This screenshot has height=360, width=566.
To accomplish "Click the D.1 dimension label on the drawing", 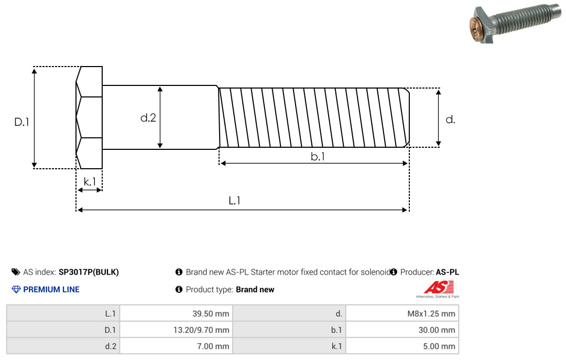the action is pos(21,122).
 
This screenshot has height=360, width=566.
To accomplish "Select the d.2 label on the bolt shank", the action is pos(148,118).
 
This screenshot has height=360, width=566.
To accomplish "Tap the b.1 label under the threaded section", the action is pos(318,156).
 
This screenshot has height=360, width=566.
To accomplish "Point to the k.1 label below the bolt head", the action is pos(90,182).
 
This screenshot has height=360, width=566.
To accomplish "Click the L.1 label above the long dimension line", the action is pos(234,200).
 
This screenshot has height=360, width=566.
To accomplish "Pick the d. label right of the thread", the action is pos(450,119).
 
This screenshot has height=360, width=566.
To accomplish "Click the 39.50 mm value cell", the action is pos(176,313).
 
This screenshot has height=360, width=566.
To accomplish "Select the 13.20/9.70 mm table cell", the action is pos(176,330).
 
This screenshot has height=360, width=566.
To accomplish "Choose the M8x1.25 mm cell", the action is pos(402,313).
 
